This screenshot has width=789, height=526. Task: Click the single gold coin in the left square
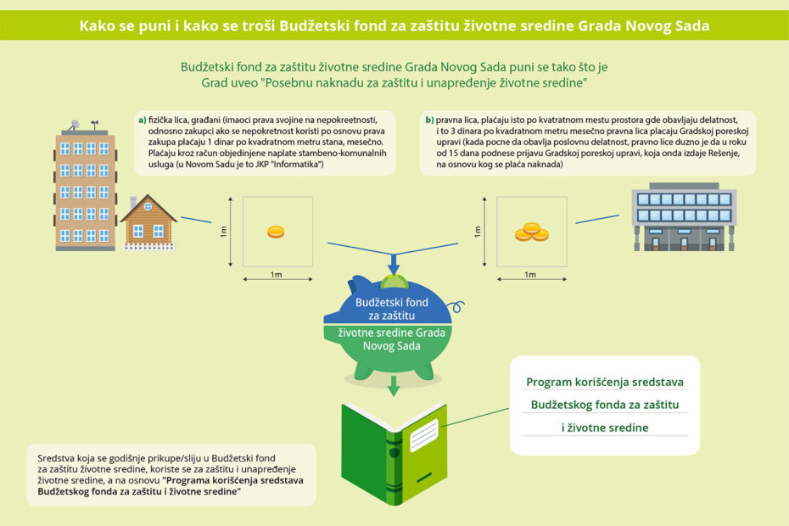point(276,232)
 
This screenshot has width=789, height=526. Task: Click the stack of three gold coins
point(531,232)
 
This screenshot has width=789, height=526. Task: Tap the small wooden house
point(149,222)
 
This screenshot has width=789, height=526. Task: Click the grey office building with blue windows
point(684,217)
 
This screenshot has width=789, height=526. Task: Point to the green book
point(394,454)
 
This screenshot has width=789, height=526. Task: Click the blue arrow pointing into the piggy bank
point(394,264)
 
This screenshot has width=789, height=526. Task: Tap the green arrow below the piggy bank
point(394,386)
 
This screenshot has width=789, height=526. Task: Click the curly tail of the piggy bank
point(457,306)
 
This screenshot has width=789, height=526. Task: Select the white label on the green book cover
point(423,435)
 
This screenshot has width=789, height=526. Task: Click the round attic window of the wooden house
point(148,206)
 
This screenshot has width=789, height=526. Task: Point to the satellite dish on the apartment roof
point(75,124)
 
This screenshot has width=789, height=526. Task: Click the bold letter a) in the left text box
point(143,120)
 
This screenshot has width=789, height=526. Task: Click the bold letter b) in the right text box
point(429,120)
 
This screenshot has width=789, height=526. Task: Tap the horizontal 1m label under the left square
point(277,274)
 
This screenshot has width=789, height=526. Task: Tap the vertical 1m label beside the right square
point(478,232)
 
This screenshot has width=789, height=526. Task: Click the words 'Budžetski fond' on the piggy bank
point(392,303)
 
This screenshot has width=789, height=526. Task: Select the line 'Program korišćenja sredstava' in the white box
point(605,382)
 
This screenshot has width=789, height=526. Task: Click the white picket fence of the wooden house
point(149,247)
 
